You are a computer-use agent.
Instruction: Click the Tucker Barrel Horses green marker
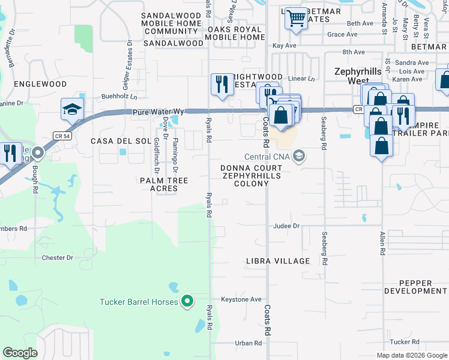point(187,301)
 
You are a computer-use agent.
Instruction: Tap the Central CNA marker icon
point(301,157)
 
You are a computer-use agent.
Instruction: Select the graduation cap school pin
point(72,109)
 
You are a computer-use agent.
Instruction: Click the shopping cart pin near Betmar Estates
point(295,18)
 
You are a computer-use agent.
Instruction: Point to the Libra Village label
point(278,261)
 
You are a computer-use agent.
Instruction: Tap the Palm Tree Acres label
point(164,184)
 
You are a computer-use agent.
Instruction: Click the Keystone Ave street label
point(241,299)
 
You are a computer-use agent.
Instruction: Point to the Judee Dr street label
point(286,226)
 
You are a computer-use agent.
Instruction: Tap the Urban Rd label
point(249,343)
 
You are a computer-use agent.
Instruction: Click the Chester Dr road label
point(57,258)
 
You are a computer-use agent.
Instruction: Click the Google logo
point(20,353)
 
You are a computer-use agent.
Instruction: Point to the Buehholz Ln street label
point(119,96)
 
